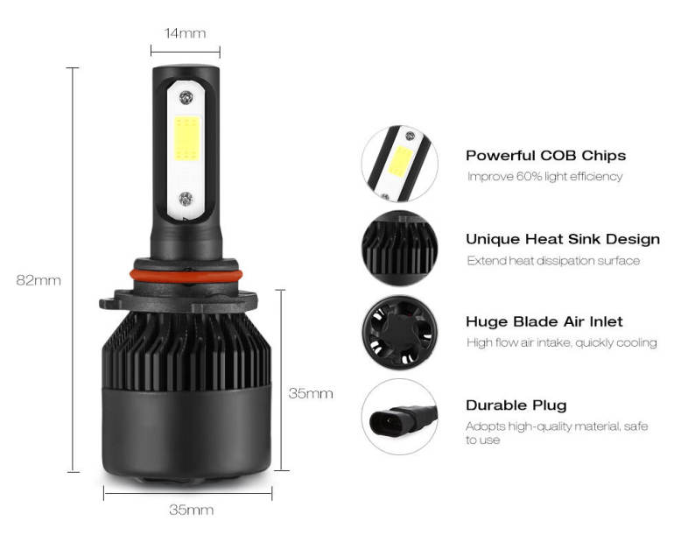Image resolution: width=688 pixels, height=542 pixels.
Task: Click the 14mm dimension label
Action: point(186,33)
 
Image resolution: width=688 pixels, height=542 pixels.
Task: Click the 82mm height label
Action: point(39,280)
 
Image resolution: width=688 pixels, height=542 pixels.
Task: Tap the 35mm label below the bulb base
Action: point(192,510)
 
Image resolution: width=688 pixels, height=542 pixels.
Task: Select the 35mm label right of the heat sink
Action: point(311,393)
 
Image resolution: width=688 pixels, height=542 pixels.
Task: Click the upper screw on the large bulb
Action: point(186,97)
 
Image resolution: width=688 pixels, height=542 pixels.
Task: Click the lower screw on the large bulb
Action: point(186,199)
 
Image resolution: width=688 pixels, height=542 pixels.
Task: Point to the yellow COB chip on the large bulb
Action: point(187,138)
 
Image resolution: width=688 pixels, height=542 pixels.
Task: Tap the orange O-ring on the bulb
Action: point(186,276)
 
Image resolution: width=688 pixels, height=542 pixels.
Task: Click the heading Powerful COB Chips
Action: point(546,156)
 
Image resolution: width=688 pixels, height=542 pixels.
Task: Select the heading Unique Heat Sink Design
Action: point(563,239)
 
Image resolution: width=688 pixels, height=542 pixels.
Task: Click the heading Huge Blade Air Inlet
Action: point(544,321)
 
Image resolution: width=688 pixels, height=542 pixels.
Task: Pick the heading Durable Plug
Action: point(516,405)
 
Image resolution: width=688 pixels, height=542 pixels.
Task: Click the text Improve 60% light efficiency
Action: point(545,176)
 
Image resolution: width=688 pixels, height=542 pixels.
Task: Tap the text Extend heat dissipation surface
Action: point(553,261)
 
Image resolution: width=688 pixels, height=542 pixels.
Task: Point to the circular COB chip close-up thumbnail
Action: point(400,164)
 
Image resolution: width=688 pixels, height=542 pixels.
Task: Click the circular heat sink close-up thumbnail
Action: point(400,248)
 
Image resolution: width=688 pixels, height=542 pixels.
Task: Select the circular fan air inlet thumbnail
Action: point(400,332)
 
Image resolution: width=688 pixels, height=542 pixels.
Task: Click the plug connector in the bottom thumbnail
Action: point(403,421)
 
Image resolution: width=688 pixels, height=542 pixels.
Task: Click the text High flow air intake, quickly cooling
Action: point(562,342)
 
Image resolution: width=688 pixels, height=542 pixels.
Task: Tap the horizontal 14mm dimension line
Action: point(186,52)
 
